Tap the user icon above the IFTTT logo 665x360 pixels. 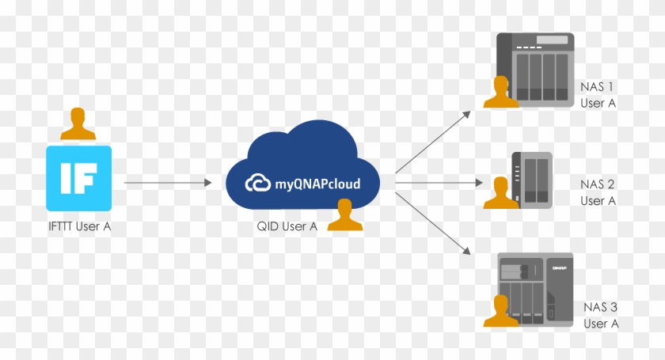[x=78, y=125]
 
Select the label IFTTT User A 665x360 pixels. [x=79, y=228]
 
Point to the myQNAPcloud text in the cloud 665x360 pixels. [x=317, y=184]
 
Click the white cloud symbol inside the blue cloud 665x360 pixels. [x=258, y=184]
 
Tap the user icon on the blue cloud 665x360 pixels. [x=345, y=215]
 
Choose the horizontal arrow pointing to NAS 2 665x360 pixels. [x=439, y=183]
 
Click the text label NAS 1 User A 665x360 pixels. [x=598, y=94]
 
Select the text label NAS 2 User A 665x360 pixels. [x=598, y=192]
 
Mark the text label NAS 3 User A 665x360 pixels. [x=600, y=315]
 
